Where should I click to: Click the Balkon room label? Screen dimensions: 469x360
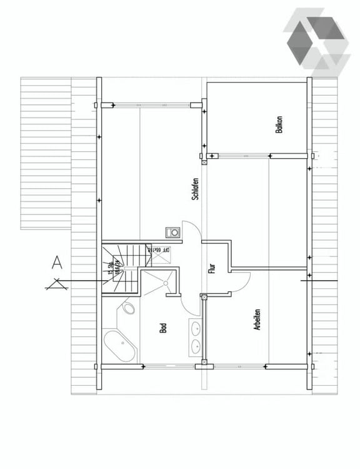click(279, 124)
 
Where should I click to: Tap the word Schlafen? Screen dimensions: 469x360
click(196, 188)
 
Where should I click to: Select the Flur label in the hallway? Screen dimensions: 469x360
click(212, 269)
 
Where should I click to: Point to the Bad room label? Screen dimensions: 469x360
click(163, 327)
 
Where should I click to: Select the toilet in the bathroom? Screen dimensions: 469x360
click(129, 308)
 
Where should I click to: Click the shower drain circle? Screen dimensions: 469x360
click(166, 283)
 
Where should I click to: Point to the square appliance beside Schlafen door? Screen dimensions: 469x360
click(172, 232)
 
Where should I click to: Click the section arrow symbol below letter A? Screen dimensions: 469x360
click(57, 285)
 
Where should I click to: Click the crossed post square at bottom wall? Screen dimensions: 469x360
click(204, 365)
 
